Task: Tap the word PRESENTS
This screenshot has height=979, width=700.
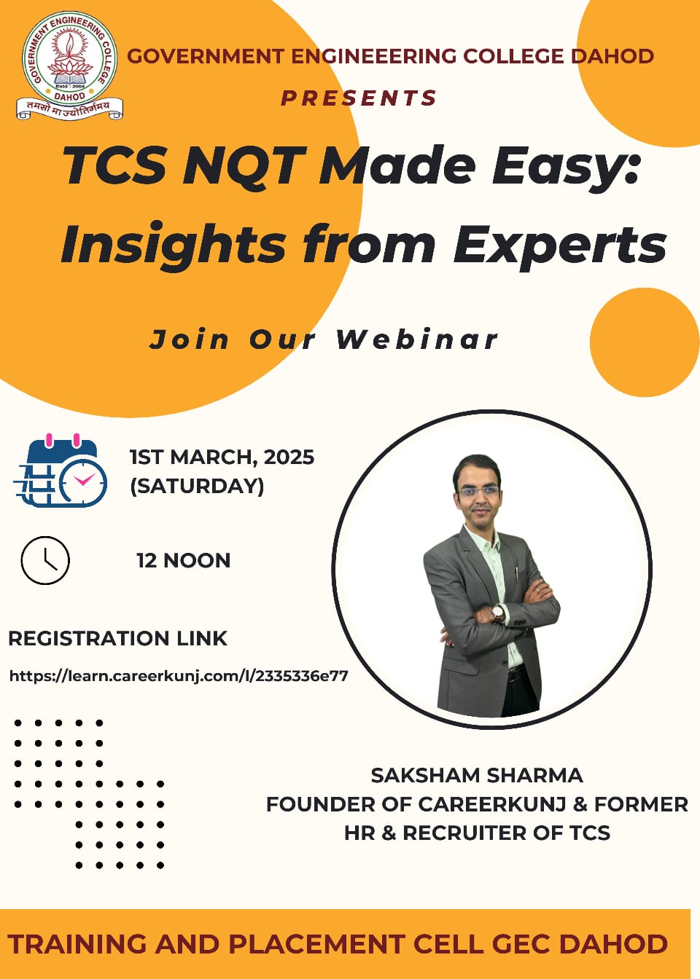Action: (359, 98)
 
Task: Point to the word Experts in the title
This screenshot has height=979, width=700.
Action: (560, 243)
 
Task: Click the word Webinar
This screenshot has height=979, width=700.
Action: (417, 339)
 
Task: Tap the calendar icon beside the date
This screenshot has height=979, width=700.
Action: (61, 471)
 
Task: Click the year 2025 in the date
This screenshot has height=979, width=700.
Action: (289, 457)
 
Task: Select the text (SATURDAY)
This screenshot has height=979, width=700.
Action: (198, 486)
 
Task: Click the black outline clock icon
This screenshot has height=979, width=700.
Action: (45, 561)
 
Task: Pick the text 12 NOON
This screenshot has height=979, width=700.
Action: (184, 561)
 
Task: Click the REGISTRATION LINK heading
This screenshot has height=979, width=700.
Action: (117, 639)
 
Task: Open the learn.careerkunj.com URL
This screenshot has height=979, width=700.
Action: (179, 676)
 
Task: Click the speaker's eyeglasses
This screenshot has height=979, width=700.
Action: (479, 492)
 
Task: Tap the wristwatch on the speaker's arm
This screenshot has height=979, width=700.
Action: (498, 613)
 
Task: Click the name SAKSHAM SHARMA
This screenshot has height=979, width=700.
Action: (477, 776)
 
